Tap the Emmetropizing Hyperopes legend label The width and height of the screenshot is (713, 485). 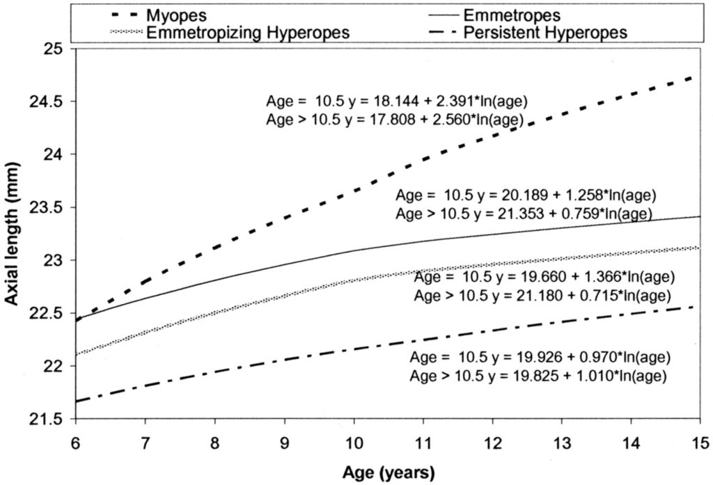point(248,32)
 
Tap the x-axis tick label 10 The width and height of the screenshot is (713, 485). point(354,443)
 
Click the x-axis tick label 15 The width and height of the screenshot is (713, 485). point(699,443)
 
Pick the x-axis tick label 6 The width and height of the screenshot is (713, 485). point(76,443)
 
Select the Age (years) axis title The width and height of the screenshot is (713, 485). point(388,473)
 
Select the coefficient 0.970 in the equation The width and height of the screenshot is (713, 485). point(594,358)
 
